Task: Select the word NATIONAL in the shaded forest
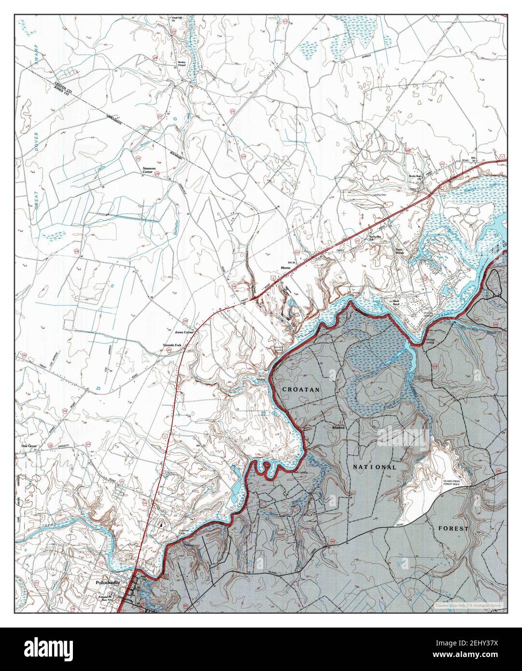click(374, 467)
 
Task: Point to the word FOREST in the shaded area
click(453, 529)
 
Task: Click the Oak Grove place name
click(29, 446)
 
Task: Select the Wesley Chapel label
click(182, 65)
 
